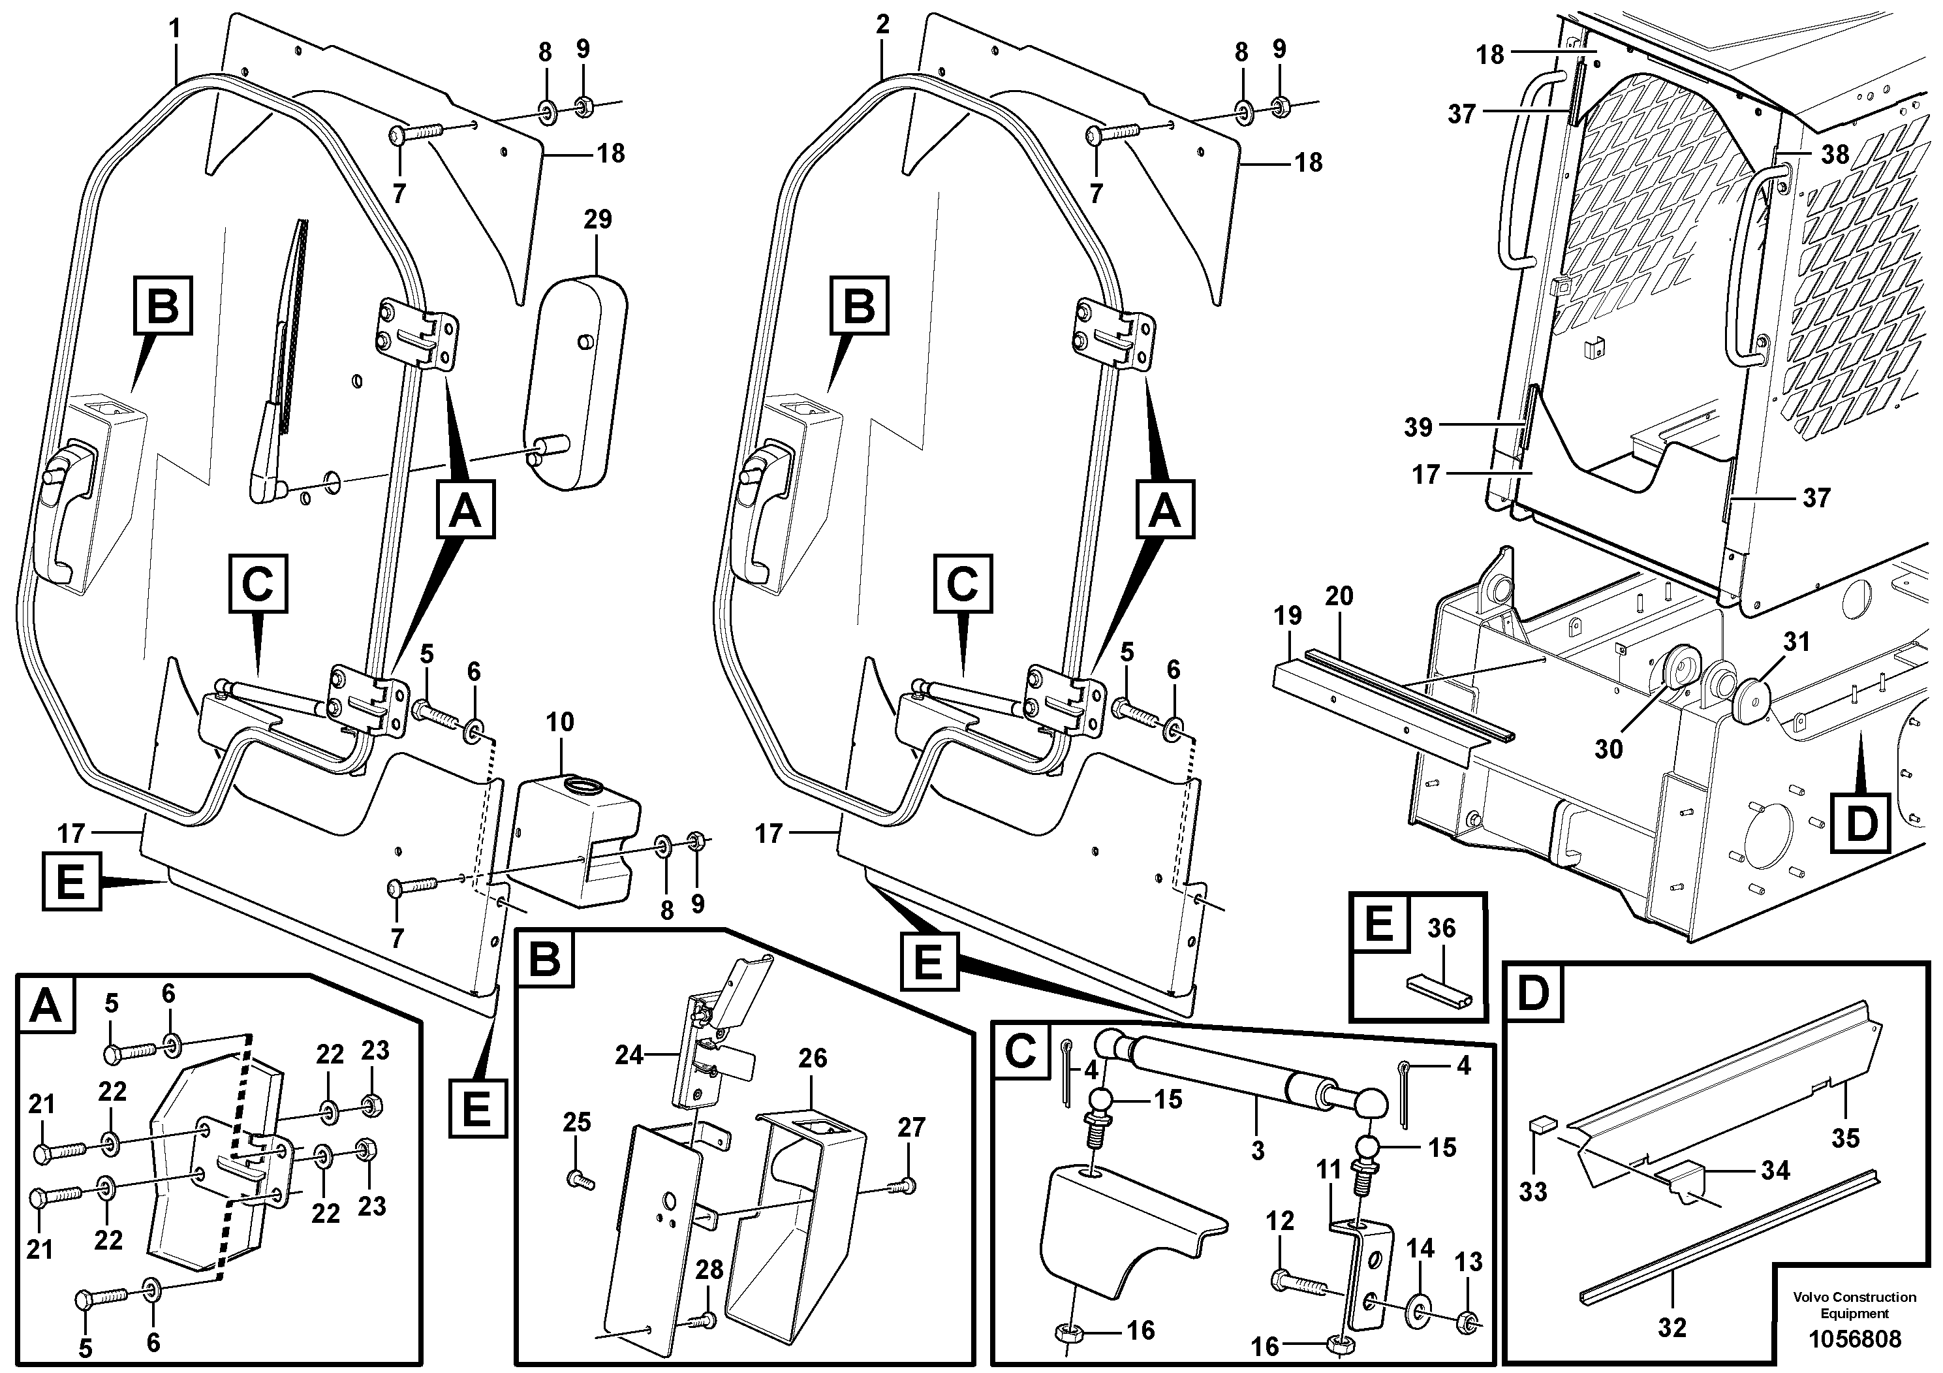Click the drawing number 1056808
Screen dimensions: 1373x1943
pos(1854,1339)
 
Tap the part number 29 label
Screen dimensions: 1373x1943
pos(597,219)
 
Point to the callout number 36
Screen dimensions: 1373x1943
pos(1440,928)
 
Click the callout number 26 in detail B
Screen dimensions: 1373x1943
pos(813,1058)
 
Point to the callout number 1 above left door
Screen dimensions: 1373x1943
pos(174,29)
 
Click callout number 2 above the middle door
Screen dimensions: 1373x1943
pos(882,25)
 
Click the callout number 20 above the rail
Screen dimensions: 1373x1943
pos(1339,596)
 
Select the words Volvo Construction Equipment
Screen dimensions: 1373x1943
pos(1854,1304)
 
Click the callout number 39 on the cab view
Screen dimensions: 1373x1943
pos(1418,428)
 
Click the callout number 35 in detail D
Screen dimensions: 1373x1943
pos(1845,1138)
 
